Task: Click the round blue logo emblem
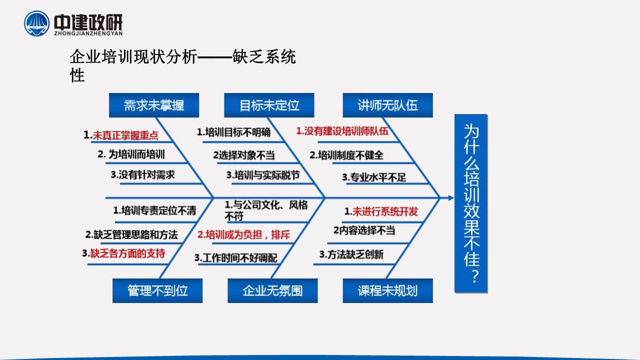coord(36,23)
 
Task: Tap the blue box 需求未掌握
coord(154,105)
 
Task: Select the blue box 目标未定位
coord(269,105)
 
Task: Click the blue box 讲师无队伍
coord(387,105)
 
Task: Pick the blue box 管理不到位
coord(157,290)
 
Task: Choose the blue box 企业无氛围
coord(272,290)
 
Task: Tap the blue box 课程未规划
coord(387,290)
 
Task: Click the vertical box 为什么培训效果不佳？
coord(471,203)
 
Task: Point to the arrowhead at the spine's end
coord(451,197)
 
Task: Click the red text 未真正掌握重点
coord(125,135)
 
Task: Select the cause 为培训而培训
coord(136,154)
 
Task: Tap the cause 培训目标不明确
coord(237,132)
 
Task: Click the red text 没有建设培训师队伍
coord(346,131)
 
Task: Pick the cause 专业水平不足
coord(378,177)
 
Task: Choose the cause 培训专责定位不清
coord(159,210)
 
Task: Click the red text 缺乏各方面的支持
coord(127,253)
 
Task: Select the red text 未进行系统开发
coord(385,211)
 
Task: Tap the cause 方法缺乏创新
coord(355,254)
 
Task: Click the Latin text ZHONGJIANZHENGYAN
coord(88,33)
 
